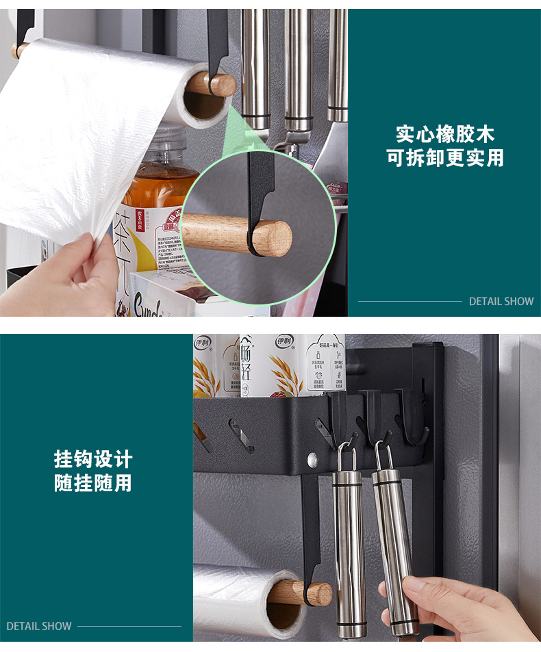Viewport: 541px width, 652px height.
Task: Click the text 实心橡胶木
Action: (x=444, y=133)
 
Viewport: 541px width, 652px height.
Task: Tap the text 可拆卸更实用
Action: (x=444, y=158)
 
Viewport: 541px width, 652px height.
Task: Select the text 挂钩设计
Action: (x=93, y=458)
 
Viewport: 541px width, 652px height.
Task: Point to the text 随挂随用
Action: (x=93, y=483)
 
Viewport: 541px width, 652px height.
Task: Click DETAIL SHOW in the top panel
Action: (x=501, y=301)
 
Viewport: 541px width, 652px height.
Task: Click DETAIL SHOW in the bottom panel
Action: (x=39, y=626)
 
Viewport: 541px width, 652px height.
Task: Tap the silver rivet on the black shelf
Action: (x=314, y=458)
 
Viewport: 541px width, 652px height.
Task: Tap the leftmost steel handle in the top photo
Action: (x=255, y=65)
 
